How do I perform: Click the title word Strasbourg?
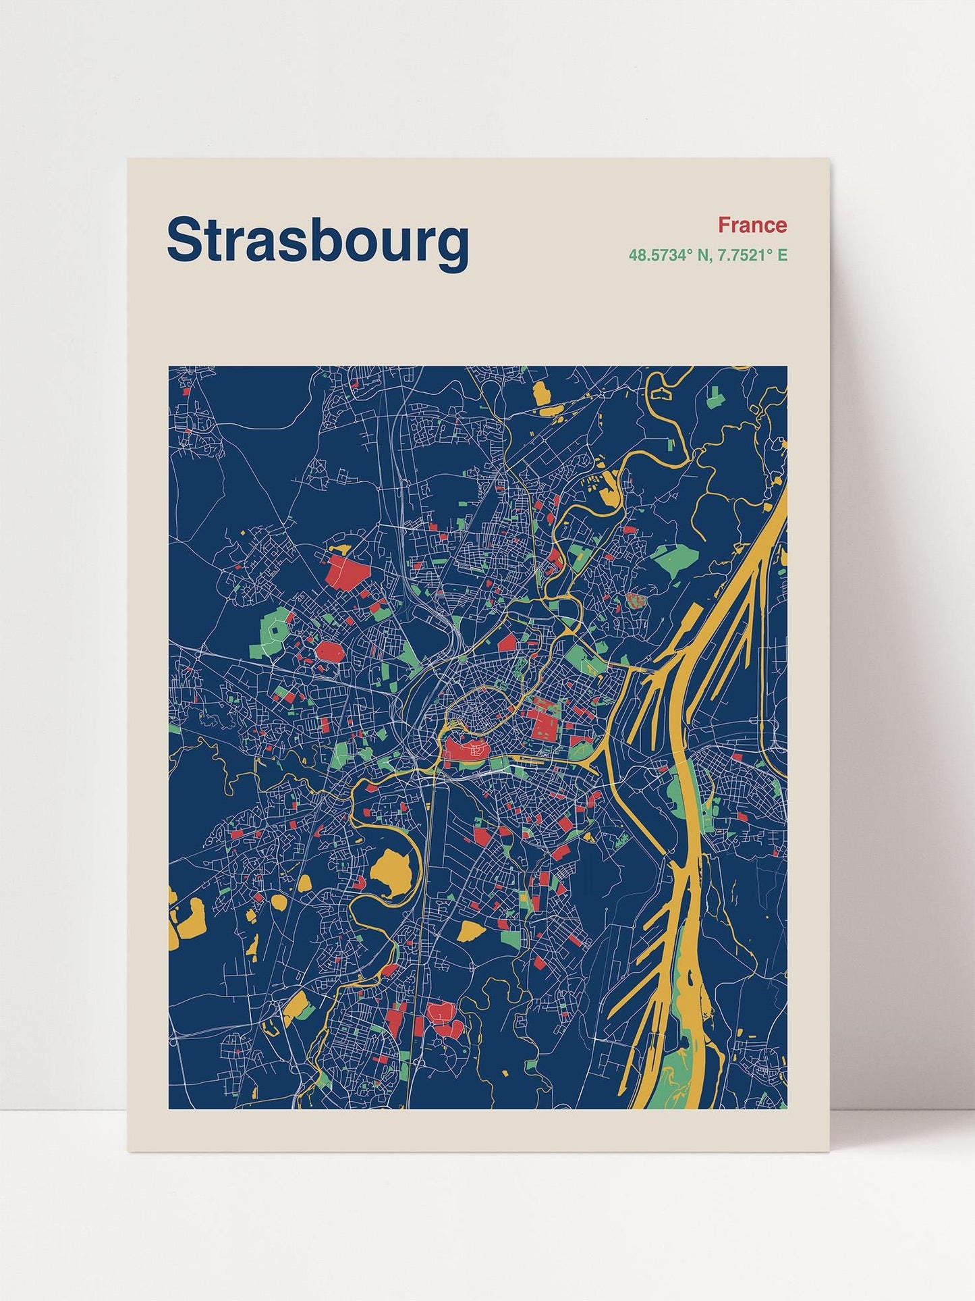(x=317, y=240)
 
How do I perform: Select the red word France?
(x=752, y=224)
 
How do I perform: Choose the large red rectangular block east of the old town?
(x=547, y=720)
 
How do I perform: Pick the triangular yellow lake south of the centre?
(x=470, y=932)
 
